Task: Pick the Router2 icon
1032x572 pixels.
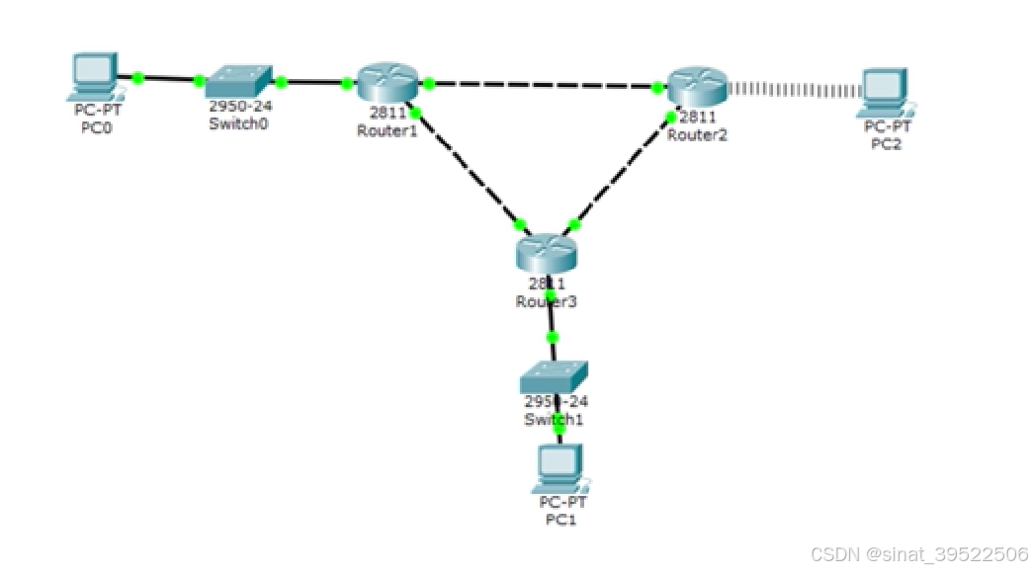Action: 696,88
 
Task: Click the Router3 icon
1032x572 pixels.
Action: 545,253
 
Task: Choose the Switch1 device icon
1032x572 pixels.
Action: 554,377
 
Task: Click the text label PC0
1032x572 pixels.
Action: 96,126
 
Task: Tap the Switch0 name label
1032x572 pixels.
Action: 238,124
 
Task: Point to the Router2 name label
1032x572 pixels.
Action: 697,135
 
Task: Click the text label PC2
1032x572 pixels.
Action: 887,144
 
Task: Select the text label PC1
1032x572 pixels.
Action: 560,520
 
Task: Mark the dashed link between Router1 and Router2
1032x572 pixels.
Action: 544,86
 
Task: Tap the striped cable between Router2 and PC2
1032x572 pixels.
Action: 796,90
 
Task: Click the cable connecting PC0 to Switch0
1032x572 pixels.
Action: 169,78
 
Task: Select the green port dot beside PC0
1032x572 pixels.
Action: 138,76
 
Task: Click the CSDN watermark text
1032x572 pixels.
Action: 919,554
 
